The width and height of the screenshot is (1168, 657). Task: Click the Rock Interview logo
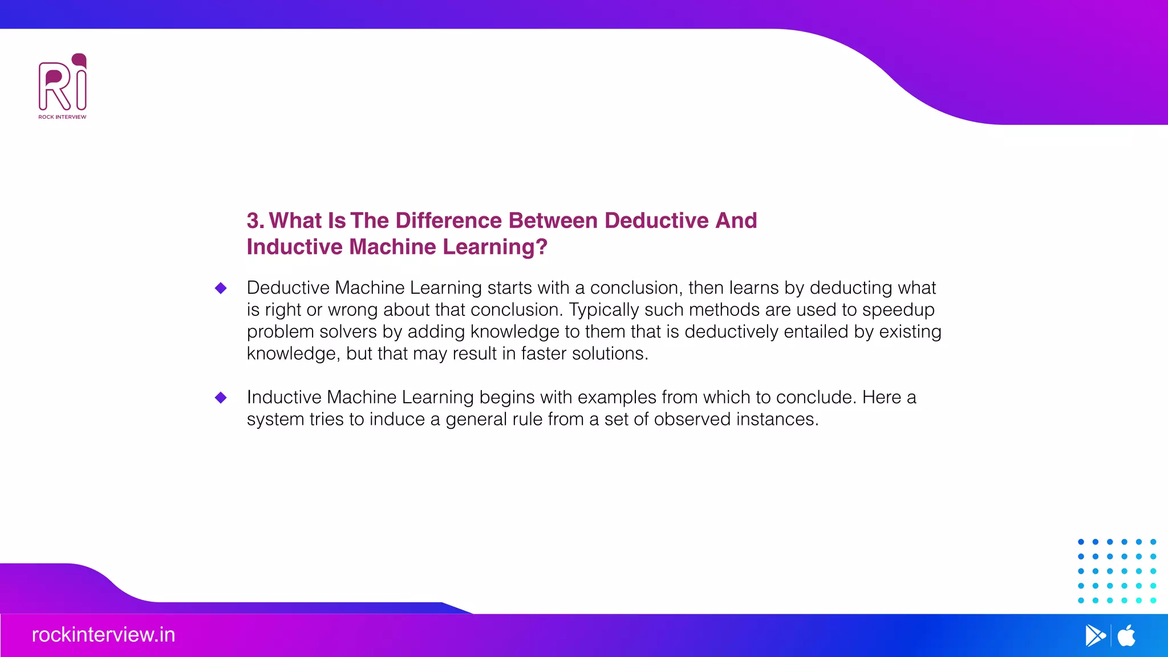(63, 86)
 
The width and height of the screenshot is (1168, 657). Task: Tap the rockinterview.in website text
(103, 635)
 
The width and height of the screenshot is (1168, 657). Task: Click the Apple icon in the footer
(1126, 635)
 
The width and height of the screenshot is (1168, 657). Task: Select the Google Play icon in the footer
(1095, 635)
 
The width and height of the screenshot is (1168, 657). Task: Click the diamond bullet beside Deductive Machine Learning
(221, 288)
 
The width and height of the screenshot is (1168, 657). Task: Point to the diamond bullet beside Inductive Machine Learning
(221, 398)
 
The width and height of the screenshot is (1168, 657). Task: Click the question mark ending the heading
(542, 247)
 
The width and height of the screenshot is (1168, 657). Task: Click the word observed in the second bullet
(692, 419)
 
